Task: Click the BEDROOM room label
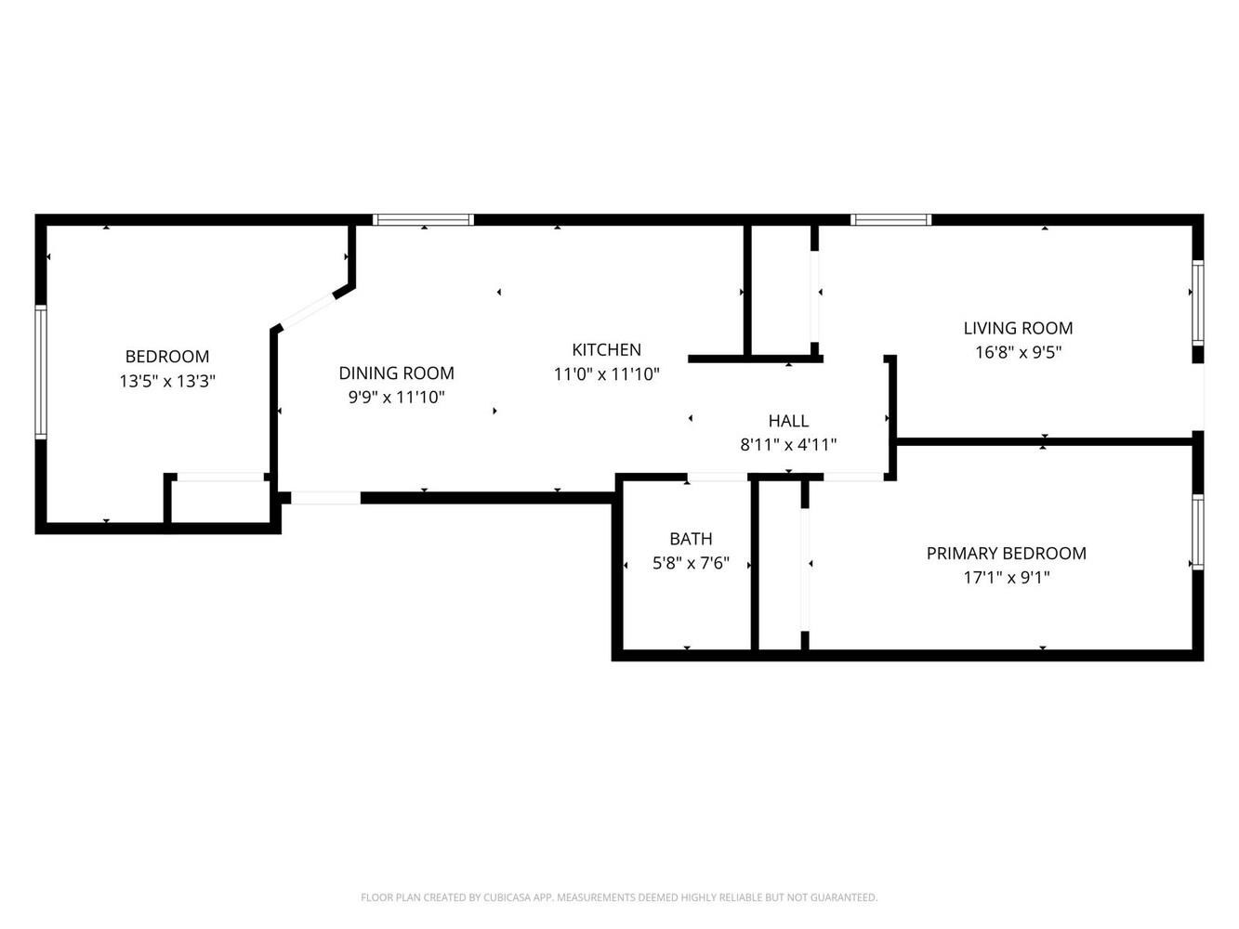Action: (x=167, y=357)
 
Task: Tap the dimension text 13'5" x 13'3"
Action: (x=167, y=381)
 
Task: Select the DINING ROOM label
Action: (x=396, y=373)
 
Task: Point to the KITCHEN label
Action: (x=606, y=349)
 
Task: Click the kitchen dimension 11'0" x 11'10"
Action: (x=606, y=374)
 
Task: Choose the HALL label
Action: (x=788, y=421)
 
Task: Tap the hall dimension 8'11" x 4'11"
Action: (x=788, y=445)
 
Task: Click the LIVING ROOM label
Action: (x=1018, y=328)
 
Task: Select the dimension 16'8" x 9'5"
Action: (x=1018, y=352)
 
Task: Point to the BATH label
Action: (x=691, y=539)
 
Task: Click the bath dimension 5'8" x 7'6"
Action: (x=691, y=563)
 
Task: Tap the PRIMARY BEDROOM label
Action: (x=1006, y=554)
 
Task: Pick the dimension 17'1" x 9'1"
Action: (x=1006, y=578)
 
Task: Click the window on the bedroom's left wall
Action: (x=41, y=372)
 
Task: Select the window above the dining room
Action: (x=423, y=219)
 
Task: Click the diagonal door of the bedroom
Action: (x=309, y=310)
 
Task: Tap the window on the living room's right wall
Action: (x=1197, y=302)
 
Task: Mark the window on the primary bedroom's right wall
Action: (x=1197, y=532)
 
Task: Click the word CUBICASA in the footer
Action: (x=507, y=897)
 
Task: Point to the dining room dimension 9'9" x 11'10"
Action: (x=396, y=398)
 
